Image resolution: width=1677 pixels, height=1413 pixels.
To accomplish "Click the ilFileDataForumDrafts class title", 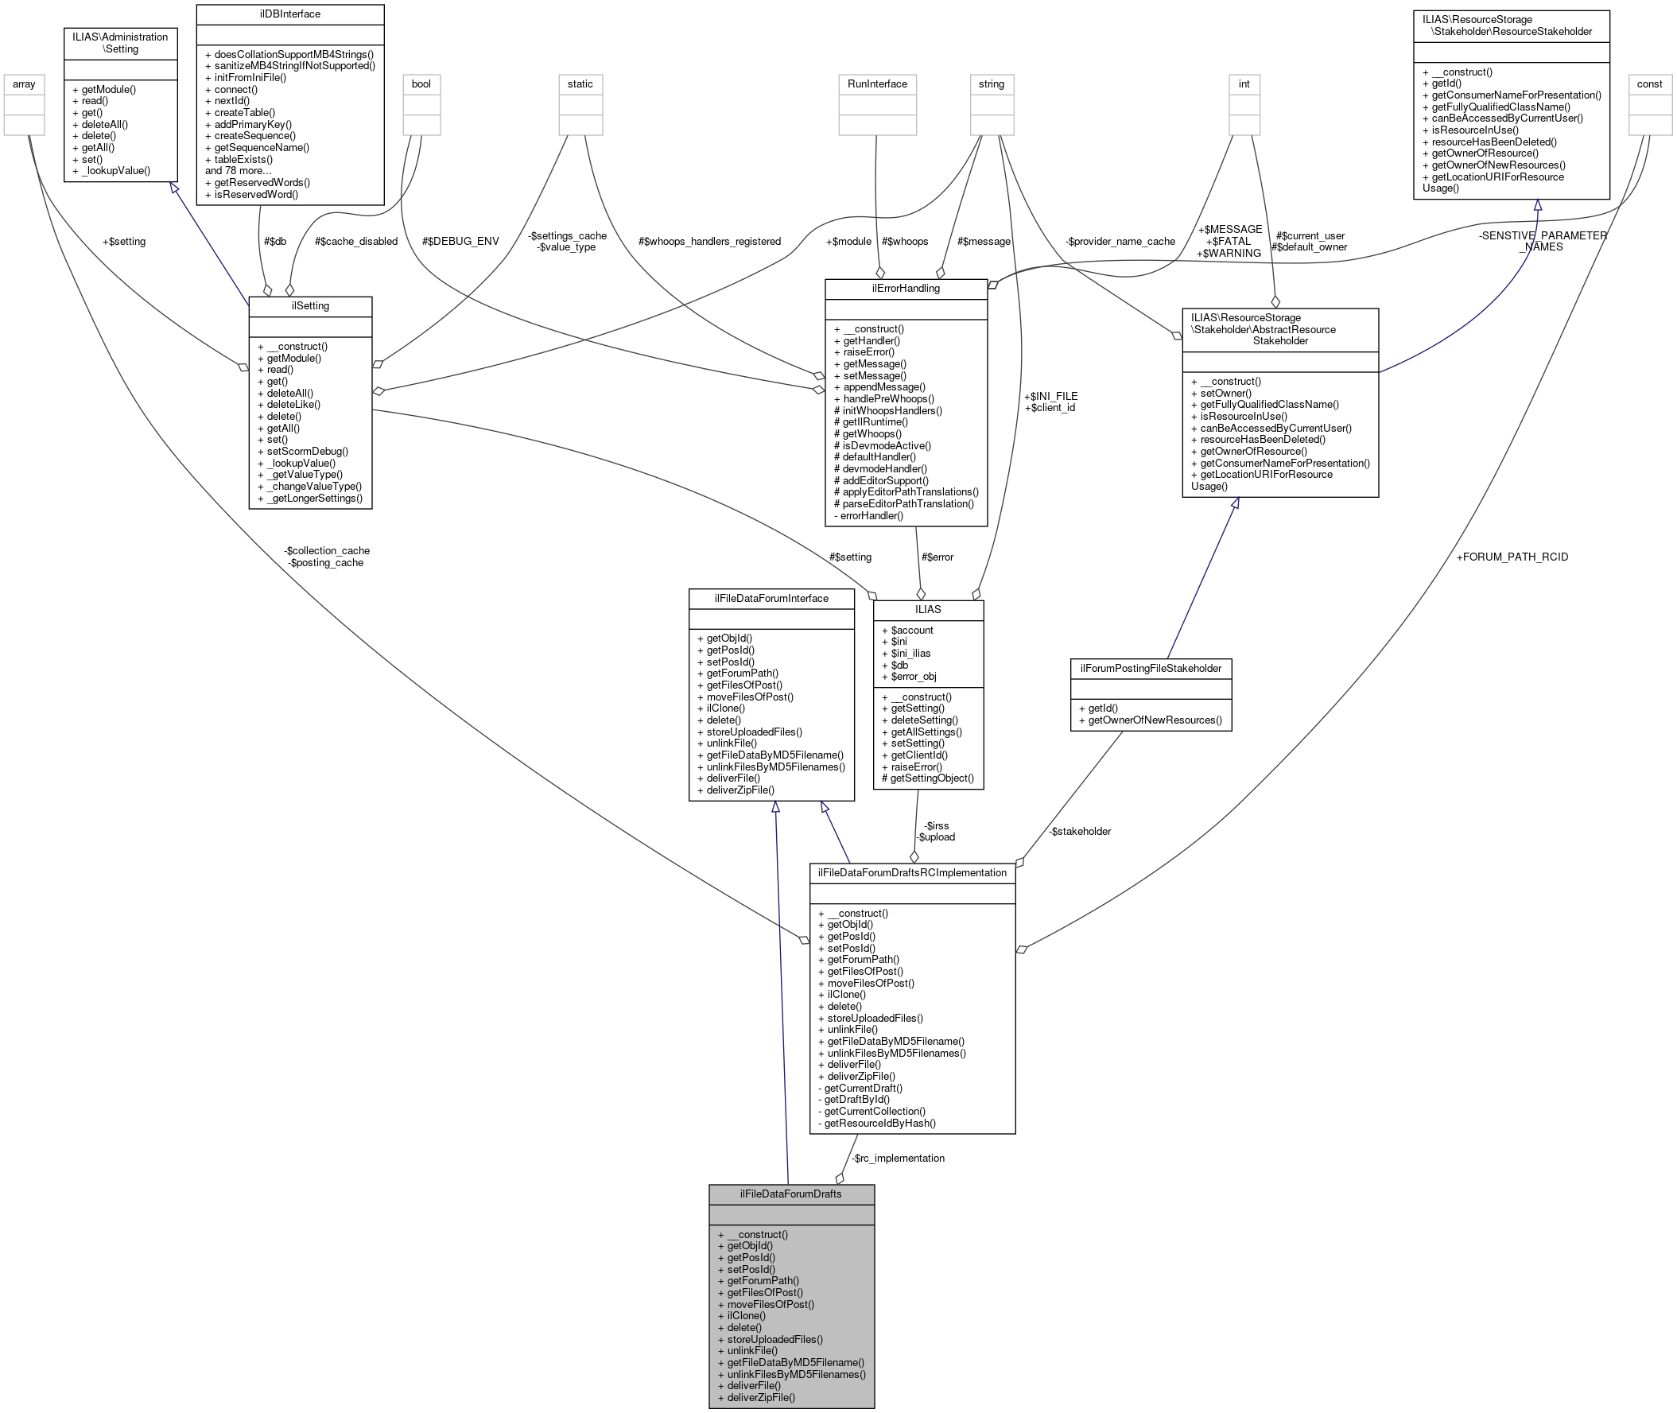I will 790,1194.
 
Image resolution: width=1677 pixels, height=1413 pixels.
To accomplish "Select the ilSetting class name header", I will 310,306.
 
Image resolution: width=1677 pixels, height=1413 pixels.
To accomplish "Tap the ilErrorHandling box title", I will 906,289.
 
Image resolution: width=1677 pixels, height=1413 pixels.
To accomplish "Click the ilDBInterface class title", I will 290,14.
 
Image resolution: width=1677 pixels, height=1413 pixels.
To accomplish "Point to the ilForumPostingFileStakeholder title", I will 1150,668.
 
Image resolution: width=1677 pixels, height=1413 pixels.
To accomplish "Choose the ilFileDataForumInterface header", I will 771,599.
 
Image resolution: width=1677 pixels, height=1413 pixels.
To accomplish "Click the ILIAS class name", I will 927,610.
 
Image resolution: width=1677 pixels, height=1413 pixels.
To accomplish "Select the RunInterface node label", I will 877,84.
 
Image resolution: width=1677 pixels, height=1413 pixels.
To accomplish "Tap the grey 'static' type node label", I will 580,84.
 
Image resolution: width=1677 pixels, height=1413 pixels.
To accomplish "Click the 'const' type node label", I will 1649,84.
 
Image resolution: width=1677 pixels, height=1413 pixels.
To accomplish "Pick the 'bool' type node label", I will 421,84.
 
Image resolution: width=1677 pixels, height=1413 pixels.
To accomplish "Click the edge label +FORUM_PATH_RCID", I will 1512,557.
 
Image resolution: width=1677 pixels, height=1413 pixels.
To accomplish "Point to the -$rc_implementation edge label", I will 898,1159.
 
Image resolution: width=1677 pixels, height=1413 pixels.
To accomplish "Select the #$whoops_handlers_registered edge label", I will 708,241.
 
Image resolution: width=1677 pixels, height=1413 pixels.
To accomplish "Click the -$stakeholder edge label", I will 1080,832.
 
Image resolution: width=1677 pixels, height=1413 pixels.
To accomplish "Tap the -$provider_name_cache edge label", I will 1120,241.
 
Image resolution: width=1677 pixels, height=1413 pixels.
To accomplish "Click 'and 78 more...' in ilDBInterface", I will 238,171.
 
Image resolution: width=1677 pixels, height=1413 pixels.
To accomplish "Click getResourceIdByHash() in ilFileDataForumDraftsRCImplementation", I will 879,1123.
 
